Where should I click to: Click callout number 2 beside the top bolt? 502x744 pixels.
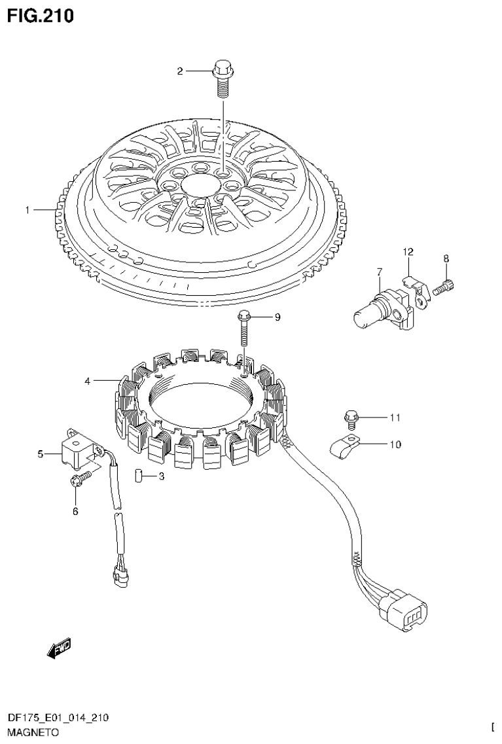coord(180,71)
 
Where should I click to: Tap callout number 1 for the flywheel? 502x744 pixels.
coord(27,210)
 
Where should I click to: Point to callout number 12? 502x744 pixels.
coord(408,251)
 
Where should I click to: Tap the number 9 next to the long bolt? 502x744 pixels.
coord(277,317)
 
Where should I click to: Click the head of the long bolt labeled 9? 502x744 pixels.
coord(244,316)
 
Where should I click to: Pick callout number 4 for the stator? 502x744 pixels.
coord(87,380)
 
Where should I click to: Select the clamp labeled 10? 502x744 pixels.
coord(346,448)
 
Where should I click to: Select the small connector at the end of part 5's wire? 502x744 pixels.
coord(120,576)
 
